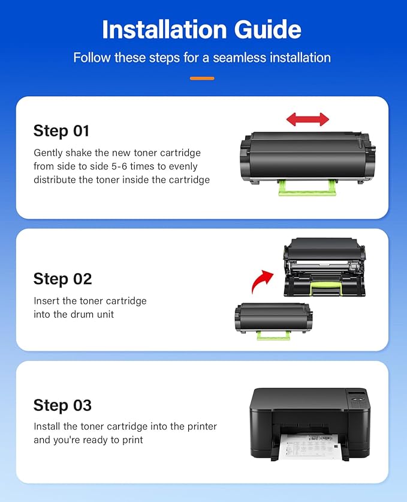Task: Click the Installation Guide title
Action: (202, 29)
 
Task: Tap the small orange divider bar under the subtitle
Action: (202, 78)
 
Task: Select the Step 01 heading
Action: (61, 131)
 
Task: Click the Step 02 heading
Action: (62, 279)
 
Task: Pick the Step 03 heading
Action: (62, 405)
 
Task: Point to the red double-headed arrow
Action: (307, 119)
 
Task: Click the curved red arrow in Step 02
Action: (262, 280)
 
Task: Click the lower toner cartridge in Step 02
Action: (272, 318)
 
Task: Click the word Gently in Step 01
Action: (48, 153)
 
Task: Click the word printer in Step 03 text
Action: (201, 427)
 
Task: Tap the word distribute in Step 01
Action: (56, 180)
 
